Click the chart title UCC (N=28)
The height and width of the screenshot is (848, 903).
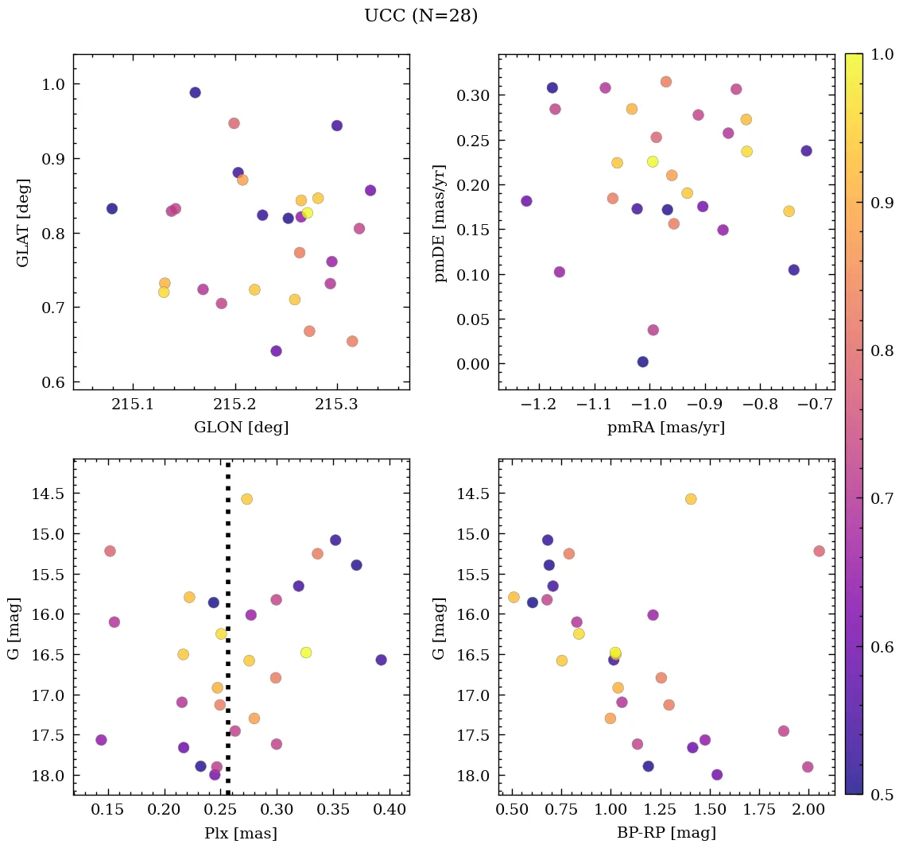[420, 16]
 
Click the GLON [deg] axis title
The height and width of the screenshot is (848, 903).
[241, 428]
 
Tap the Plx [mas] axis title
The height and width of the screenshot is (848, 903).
[241, 834]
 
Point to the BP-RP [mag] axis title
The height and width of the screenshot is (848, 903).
[666, 834]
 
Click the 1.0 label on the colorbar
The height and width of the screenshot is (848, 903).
[882, 55]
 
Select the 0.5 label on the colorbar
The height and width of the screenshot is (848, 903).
[882, 795]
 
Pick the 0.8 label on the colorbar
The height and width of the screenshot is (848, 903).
[882, 350]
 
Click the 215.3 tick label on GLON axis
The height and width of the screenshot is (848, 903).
[337, 405]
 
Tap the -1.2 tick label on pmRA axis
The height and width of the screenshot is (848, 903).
[537, 405]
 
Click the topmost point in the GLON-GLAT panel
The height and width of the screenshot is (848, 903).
[195, 92]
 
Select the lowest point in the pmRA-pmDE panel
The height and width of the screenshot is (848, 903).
[643, 362]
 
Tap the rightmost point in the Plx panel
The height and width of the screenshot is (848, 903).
[382, 660]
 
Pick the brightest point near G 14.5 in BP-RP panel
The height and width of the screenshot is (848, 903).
[691, 499]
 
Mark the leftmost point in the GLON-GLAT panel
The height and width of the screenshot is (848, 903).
[112, 208]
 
